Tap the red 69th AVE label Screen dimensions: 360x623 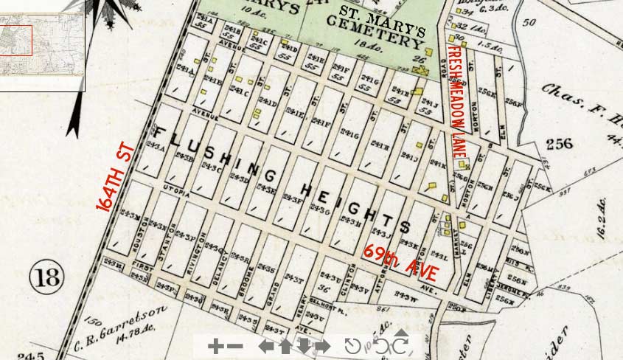[400, 262]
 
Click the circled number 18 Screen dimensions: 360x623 [46, 278]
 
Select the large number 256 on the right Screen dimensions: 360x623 [558, 143]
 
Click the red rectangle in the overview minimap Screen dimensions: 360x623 [15, 41]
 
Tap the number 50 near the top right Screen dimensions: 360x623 [528, 22]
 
